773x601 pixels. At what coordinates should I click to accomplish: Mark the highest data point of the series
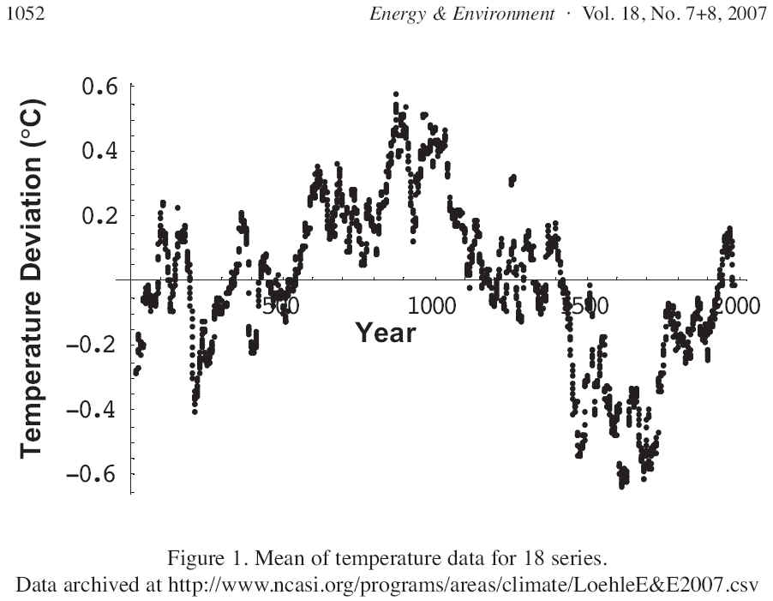point(395,93)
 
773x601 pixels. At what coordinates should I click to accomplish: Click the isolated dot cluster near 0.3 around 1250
point(512,180)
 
